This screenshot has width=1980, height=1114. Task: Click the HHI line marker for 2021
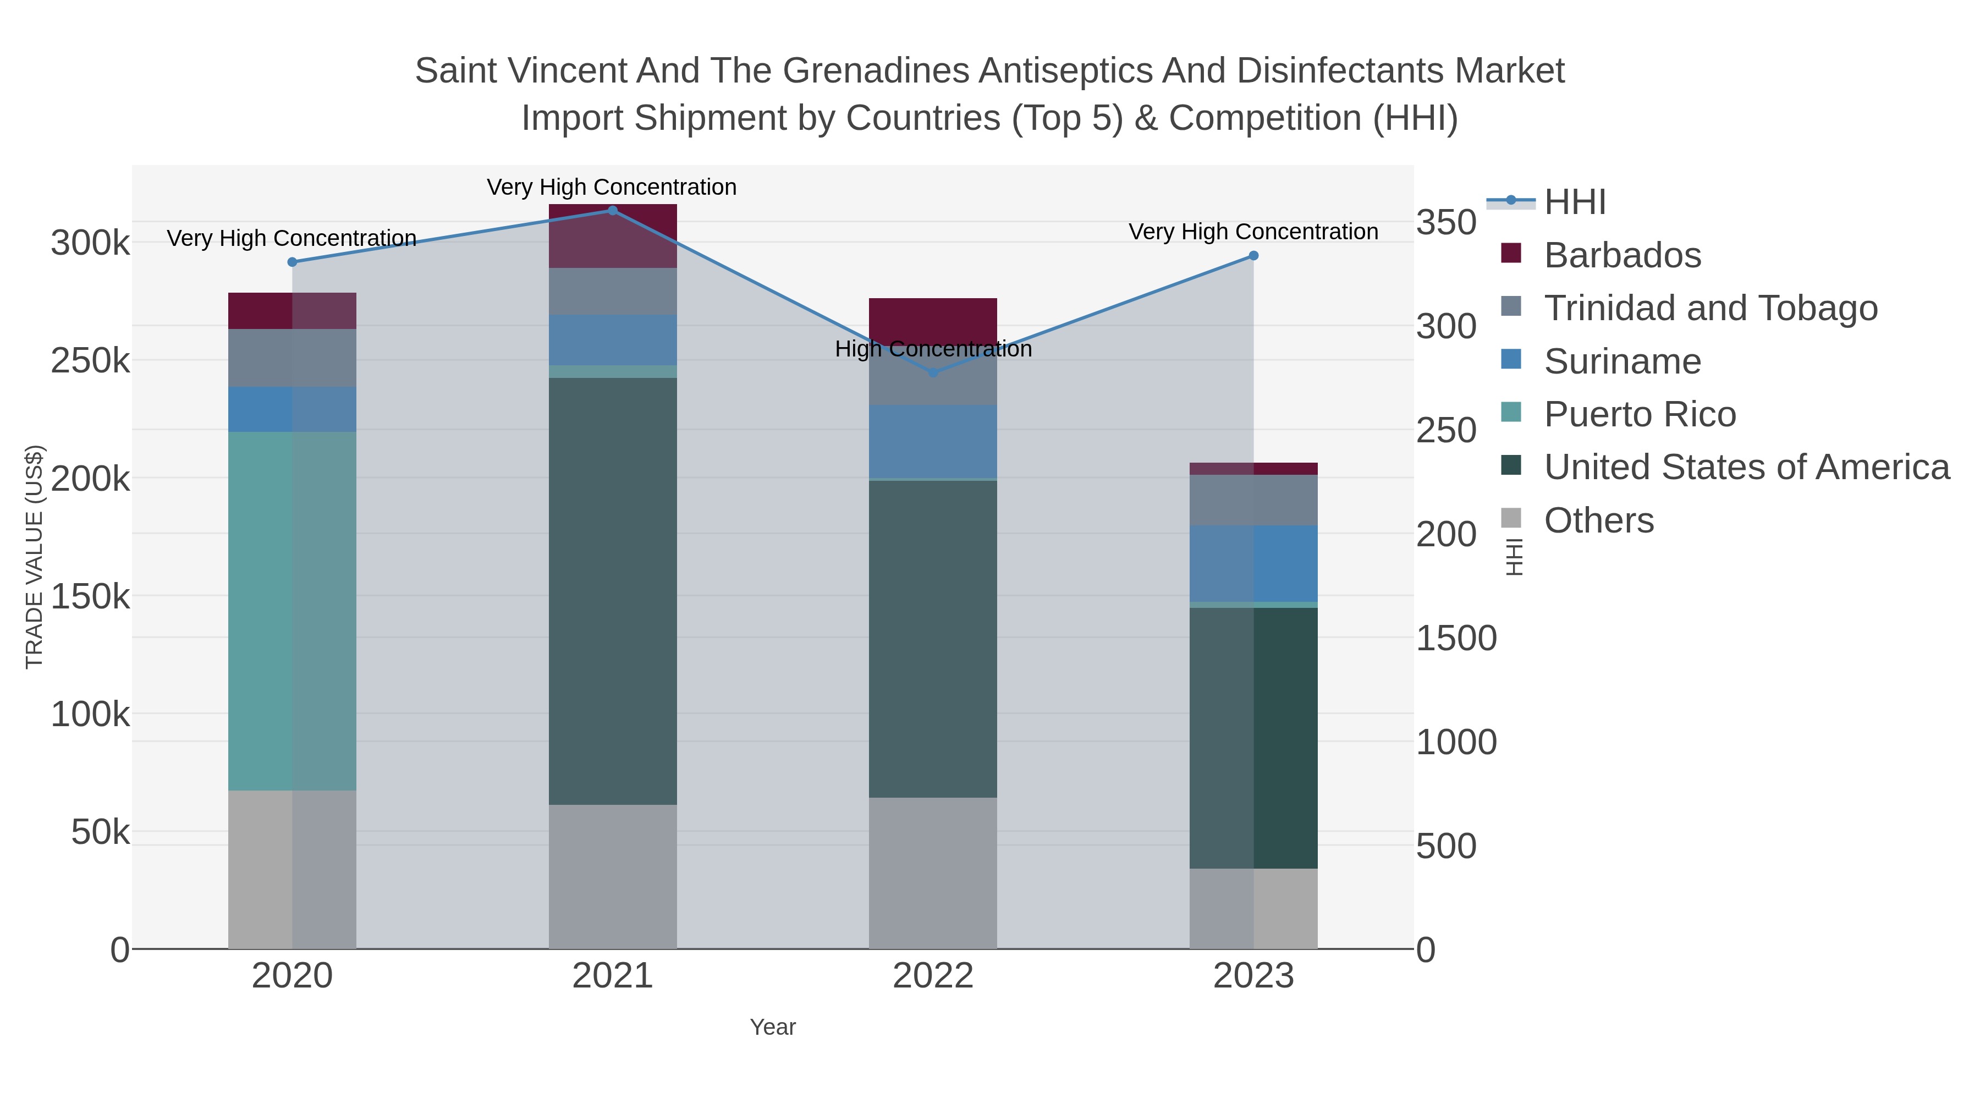tap(613, 211)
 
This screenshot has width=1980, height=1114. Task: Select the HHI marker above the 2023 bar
tap(1253, 256)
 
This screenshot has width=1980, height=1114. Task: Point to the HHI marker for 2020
tap(292, 262)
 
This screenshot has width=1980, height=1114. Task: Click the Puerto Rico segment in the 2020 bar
tap(292, 611)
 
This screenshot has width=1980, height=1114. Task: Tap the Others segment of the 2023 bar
tap(1253, 909)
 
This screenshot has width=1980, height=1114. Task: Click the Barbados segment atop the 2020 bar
tap(292, 311)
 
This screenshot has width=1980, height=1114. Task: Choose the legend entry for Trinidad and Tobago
tap(1710, 308)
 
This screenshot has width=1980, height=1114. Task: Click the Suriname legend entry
tap(1622, 361)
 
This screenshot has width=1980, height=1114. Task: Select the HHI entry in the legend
tap(1574, 202)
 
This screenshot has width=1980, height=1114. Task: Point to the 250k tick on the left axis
tap(90, 360)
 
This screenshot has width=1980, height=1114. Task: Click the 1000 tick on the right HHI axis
tap(1456, 743)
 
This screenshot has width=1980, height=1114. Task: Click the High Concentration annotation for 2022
tap(933, 349)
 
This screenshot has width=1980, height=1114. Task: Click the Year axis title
tap(773, 1027)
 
